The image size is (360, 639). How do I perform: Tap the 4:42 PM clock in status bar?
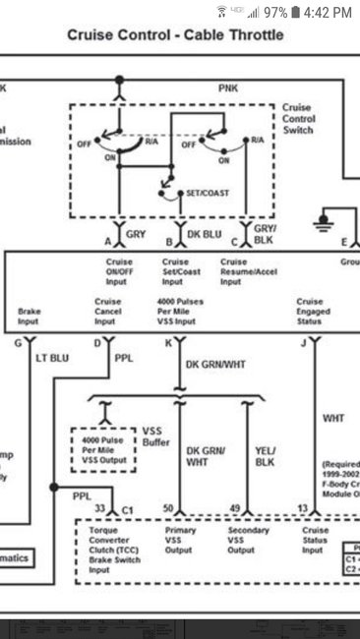(328, 12)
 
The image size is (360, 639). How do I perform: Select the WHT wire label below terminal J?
(333, 418)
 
